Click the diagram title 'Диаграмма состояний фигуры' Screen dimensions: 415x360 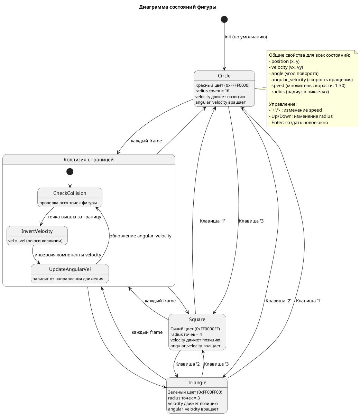(x=177, y=7)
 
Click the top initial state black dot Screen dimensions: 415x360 (x=224, y=19)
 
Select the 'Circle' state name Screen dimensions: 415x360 (x=224, y=76)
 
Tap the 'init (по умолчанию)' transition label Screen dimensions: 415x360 (x=246, y=37)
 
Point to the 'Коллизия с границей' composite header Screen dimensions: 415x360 (x=89, y=160)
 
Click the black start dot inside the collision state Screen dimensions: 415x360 (x=70, y=171)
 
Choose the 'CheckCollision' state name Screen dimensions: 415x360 (x=70, y=193)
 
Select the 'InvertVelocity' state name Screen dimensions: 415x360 (x=37, y=231)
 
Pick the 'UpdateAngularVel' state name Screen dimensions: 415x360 (x=70, y=270)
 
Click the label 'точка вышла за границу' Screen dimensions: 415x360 (x=74, y=217)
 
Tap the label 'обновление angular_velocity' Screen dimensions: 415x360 (x=140, y=236)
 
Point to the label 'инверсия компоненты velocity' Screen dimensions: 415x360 (x=68, y=255)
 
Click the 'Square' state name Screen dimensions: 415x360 (x=197, y=319)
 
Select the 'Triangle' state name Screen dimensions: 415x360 (x=197, y=383)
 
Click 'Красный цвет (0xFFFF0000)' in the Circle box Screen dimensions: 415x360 (x=222, y=85)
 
